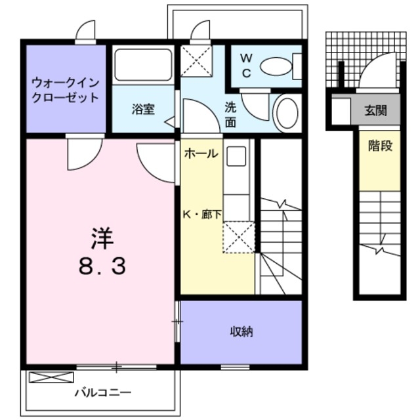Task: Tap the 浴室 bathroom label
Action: coord(142,110)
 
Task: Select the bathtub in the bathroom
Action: coord(142,66)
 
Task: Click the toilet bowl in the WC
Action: coord(276,66)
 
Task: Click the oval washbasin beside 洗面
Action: coord(286,113)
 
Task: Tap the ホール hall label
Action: coord(201,154)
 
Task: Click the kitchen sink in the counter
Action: coord(237,157)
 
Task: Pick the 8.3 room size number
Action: coord(100,266)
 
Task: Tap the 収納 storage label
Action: coord(241,331)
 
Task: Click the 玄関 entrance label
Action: coord(376,110)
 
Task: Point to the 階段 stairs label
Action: coord(379,146)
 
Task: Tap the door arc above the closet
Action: coord(86,31)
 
